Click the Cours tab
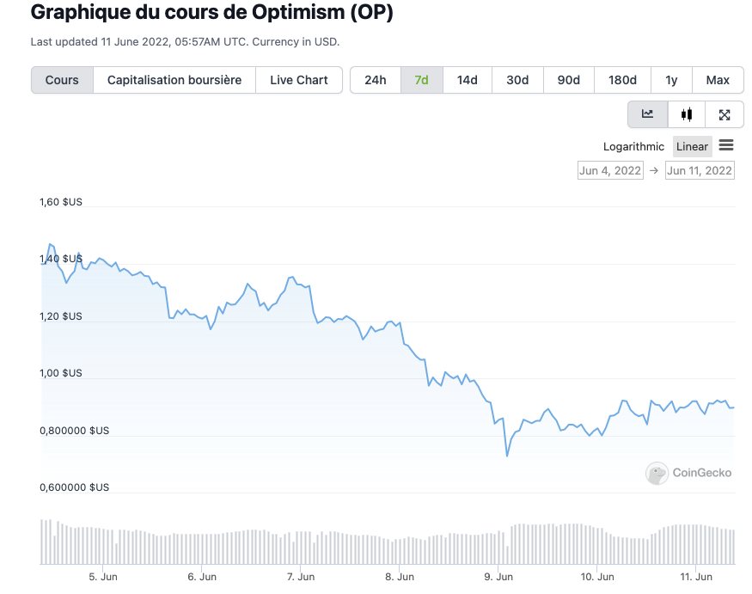tap(62, 80)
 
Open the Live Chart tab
tap(299, 80)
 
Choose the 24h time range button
tap(376, 80)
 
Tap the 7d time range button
tap(421, 80)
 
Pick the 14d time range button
tap(467, 80)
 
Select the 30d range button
tap(517, 80)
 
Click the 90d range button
tap(569, 80)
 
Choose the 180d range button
tap(622, 80)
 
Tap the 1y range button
tap(671, 80)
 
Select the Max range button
tap(718, 80)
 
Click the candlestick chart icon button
tap(686, 114)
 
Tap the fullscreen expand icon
tap(724, 114)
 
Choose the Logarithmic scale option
tap(633, 146)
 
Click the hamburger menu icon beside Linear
tap(726, 145)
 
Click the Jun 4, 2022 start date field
tap(610, 170)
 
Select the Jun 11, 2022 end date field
tap(700, 170)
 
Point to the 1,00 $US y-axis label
tap(61, 373)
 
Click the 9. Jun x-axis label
tap(498, 577)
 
